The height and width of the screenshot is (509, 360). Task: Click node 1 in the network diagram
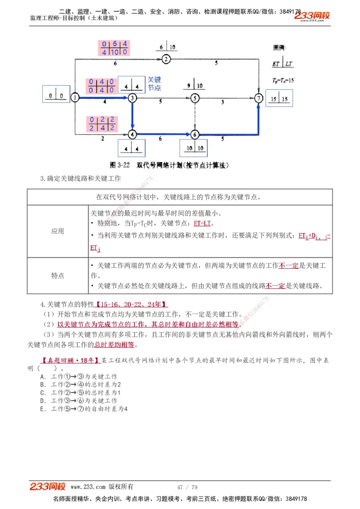point(75,98)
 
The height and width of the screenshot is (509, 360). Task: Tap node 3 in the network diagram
point(132,98)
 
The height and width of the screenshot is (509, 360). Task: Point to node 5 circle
point(194,98)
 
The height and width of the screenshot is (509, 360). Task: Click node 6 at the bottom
point(194,134)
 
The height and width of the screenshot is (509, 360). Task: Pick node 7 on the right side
point(258,98)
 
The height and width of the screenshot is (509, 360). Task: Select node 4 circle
point(132,134)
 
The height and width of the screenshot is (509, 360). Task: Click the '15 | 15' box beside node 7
point(279,98)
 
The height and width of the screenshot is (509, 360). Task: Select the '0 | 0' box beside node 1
point(56,95)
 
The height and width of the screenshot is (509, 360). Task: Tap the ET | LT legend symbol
point(283,63)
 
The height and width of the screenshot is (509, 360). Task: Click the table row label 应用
point(58,231)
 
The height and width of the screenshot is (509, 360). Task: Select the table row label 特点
point(58,276)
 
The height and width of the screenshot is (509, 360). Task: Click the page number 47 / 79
point(187,487)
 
